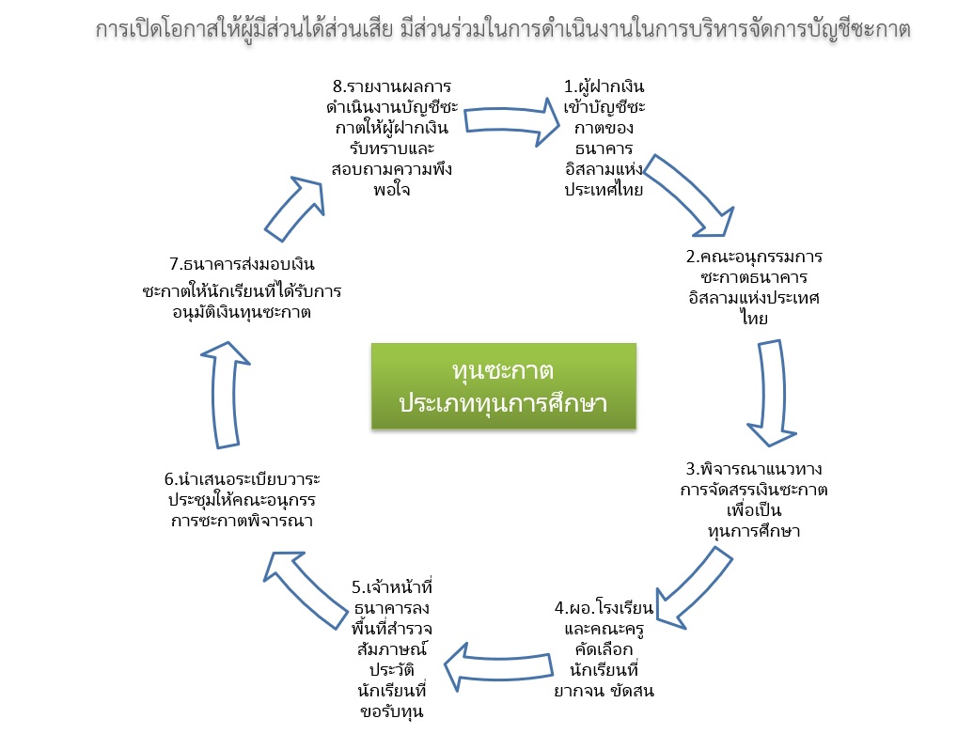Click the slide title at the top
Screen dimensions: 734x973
click(503, 29)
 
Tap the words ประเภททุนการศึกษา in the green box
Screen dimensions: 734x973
click(503, 403)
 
